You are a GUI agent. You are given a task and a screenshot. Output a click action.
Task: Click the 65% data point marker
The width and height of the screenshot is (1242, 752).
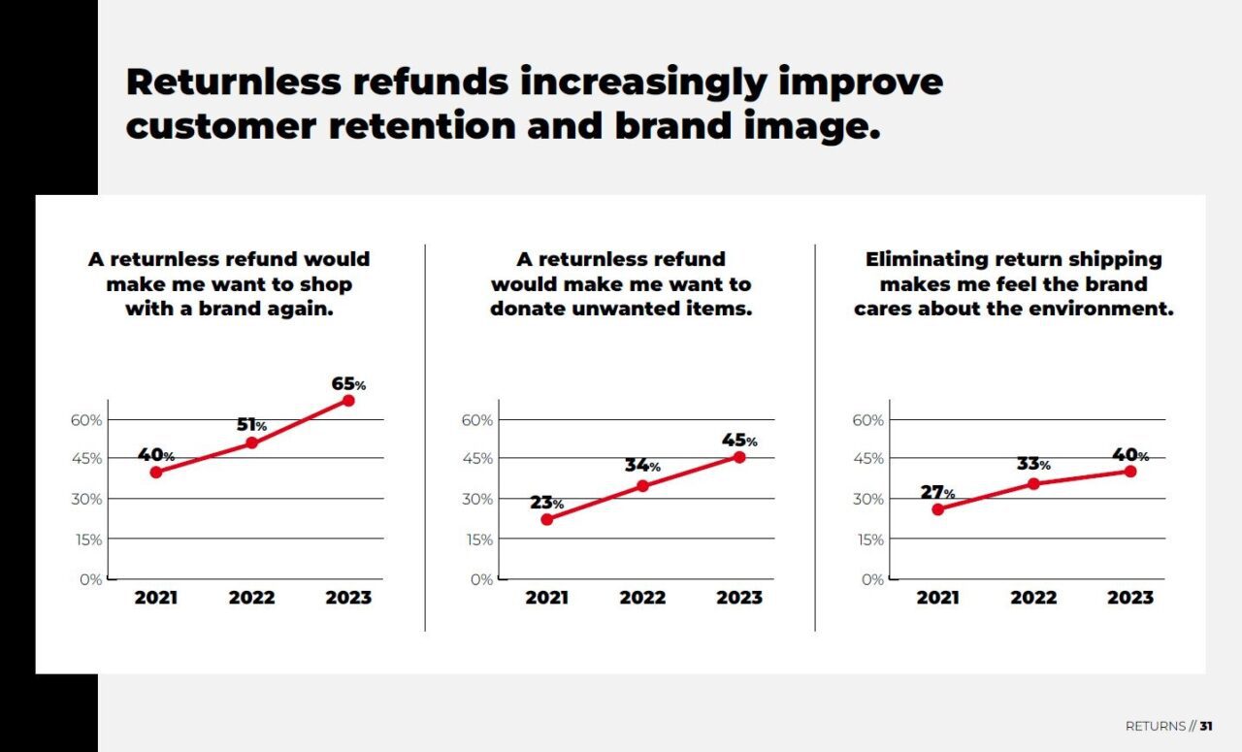[x=348, y=400]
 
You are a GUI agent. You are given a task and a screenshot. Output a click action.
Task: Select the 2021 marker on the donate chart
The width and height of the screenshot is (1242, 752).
[x=546, y=519]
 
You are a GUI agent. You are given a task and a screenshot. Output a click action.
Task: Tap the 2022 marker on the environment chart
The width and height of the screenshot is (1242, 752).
[x=1033, y=483]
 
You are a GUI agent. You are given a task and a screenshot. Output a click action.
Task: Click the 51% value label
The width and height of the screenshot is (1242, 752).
[x=251, y=425]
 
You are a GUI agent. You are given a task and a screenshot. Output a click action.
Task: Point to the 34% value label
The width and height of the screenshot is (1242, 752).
[x=642, y=466]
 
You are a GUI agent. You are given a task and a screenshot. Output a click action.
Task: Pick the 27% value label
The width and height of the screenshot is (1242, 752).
[x=937, y=493]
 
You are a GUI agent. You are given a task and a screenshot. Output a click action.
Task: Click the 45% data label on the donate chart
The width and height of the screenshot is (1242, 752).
[x=739, y=441]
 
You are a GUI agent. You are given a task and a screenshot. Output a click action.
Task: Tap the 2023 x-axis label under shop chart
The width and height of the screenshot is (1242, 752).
[x=348, y=598]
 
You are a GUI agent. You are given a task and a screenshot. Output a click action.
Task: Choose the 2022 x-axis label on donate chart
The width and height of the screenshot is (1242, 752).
[x=642, y=598]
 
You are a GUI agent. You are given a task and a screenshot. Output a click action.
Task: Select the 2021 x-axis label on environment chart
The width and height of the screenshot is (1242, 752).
[x=937, y=598]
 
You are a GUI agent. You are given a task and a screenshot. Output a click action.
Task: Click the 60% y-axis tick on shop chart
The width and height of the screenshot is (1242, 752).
[x=85, y=420]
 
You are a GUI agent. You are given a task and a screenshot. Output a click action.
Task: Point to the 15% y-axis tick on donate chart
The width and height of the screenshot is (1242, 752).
[x=480, y=539]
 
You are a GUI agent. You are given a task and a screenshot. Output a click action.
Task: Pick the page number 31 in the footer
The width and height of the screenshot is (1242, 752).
[x=1206, y=726]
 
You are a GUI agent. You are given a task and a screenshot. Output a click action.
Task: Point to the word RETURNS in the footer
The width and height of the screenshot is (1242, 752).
[x=1155, y=726]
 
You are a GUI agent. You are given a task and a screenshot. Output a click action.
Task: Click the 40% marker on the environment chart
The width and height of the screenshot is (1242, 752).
[x=1130, y=471]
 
